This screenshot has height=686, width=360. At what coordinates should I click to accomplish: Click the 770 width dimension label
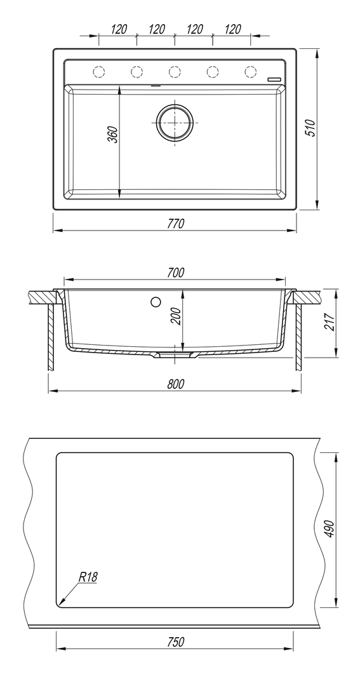click(175, 224)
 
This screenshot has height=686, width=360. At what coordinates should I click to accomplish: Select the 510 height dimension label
click(310, 128)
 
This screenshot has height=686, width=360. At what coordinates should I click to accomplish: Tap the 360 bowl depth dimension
click(113, 135)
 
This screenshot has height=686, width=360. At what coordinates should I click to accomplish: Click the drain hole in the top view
click(175, 123)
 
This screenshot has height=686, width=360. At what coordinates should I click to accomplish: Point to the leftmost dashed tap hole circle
click(99, 71)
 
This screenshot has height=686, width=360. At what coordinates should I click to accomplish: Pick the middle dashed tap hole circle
click(175, 71)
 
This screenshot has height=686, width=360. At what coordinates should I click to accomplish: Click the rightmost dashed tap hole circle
click(250, 71)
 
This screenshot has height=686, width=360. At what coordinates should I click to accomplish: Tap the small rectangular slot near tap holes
click(275, 79)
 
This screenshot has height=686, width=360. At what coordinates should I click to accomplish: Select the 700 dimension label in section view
click(175, 272)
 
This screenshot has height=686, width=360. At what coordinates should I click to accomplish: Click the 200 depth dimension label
click(177, 316)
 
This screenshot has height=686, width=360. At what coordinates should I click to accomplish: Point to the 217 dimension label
click(330, 323)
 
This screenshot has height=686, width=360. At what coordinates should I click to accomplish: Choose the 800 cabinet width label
click(175, 384)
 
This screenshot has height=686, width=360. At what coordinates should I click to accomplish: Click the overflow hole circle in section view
click(156, 302)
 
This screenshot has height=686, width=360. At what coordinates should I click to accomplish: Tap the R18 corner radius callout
click(88, 577)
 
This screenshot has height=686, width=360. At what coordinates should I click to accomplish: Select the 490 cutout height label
click(330, 529)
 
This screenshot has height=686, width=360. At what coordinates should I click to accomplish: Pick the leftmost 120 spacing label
click(119, 29)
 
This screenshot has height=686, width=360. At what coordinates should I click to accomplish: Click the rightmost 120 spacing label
click(232, 29)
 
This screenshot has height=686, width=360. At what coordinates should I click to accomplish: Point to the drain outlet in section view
click(175, 355)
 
